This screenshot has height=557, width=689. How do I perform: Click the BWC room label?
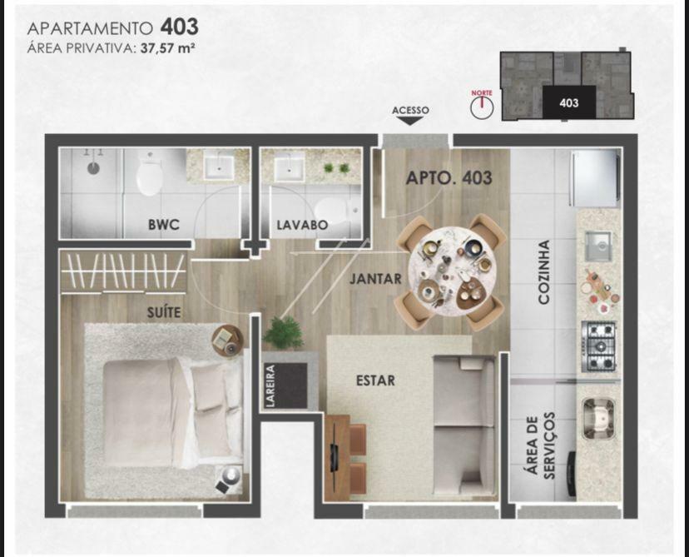pyautogui.click(x=163, y=225)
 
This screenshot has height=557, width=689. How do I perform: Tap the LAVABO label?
pyautogui.click(x=302, y=225)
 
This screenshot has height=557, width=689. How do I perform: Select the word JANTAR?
pyautogui.click(x=375, y=279)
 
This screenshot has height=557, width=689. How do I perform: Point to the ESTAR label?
pyautogui.click(x=375, y=380)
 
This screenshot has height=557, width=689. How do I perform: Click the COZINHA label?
pyautogui.click(x=544, y=272)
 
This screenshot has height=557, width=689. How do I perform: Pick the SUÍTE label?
pyautogui.click(x=164, y=311)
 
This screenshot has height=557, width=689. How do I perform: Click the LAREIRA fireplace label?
pyautogui.click(x=270, y=385)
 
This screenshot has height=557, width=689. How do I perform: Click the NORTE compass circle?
pyautogui.click(x=482, y=107)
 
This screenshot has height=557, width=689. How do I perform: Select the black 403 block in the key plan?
pyautogui.click(x=569, y=102)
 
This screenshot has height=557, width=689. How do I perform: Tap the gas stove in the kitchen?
pyautogui.click(x=598, y=346)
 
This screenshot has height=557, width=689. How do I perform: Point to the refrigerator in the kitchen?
pyautogui.click(x=594, y=178)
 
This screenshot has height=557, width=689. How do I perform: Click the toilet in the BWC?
pyautogui.click(x=148, y=175)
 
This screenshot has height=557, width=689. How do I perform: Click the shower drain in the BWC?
pyautogui.click(x=93, y=168)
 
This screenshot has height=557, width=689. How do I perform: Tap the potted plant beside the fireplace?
pyautogui.click(x=284, y=333)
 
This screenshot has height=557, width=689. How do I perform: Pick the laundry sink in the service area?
pyautogui.click(x=598, y=419)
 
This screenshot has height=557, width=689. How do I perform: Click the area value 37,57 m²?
pyautogui.click(x=167, y=48)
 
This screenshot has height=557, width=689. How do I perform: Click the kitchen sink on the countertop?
pyautogui.click(x=597, y=246)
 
